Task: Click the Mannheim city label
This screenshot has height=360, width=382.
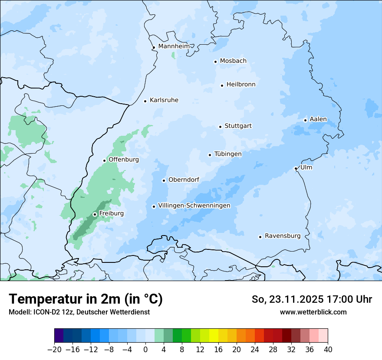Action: click(x=174, y=46)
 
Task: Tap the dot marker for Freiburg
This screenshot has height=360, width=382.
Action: click(x=95, y=214)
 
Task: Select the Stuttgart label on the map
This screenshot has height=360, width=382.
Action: click(x=238, y=126)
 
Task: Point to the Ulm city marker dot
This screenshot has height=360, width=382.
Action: click(x=296, y=168)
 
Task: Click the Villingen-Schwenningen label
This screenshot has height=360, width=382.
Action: click(x=194, y=206)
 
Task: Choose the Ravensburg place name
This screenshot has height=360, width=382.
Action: click(x=283, y=236)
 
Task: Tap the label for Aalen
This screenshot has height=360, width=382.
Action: click(x=318, y=119)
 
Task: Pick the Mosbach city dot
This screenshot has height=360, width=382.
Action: click(x=215, y=62)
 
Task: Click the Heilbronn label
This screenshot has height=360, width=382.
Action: click(x=241, y=85)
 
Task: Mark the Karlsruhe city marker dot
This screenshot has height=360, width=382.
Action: click(x=145, y=101)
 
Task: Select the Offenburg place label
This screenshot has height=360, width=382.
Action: click(x=124, y=160)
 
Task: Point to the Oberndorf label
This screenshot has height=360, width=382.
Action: click(x=184, y=180)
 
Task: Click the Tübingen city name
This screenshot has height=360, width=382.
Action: click(x=228, y=154)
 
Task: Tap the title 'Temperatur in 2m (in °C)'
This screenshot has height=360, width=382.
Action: click(x=86, y=299)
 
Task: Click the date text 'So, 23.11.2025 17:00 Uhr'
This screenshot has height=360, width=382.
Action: click(x=312, y=299)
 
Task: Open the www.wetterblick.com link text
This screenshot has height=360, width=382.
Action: click(x=313, y=312)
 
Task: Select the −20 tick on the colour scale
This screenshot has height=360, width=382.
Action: click(x=54, y=350)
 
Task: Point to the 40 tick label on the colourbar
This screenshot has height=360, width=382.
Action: click(x=328, y=350)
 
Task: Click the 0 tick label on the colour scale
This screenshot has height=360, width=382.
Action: click(x=145, y=350)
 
